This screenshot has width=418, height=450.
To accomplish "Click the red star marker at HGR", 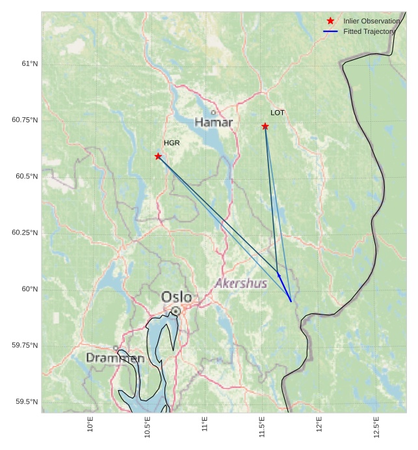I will [158, 156].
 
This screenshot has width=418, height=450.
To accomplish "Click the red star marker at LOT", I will [265, 126].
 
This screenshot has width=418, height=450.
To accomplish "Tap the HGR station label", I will [172, 143].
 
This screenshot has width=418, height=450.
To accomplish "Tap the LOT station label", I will [278, 113].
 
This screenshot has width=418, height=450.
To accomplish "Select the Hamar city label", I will [213, 122].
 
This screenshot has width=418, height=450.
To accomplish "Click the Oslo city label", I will [176, 297].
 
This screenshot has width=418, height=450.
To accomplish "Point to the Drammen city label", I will [115, 358].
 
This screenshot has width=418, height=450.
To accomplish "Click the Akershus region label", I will [241, 283].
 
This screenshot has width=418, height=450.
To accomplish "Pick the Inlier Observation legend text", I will [371, 21].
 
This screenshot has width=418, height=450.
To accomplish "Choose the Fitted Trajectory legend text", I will [369, 31].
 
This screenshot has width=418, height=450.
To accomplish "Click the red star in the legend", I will [330, 21].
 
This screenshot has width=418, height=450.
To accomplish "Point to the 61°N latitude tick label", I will [29, 64].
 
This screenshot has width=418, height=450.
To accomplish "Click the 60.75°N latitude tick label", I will [25, 120].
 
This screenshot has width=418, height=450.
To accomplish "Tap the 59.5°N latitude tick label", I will [27, 402].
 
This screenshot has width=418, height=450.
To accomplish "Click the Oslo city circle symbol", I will [176, 311].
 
